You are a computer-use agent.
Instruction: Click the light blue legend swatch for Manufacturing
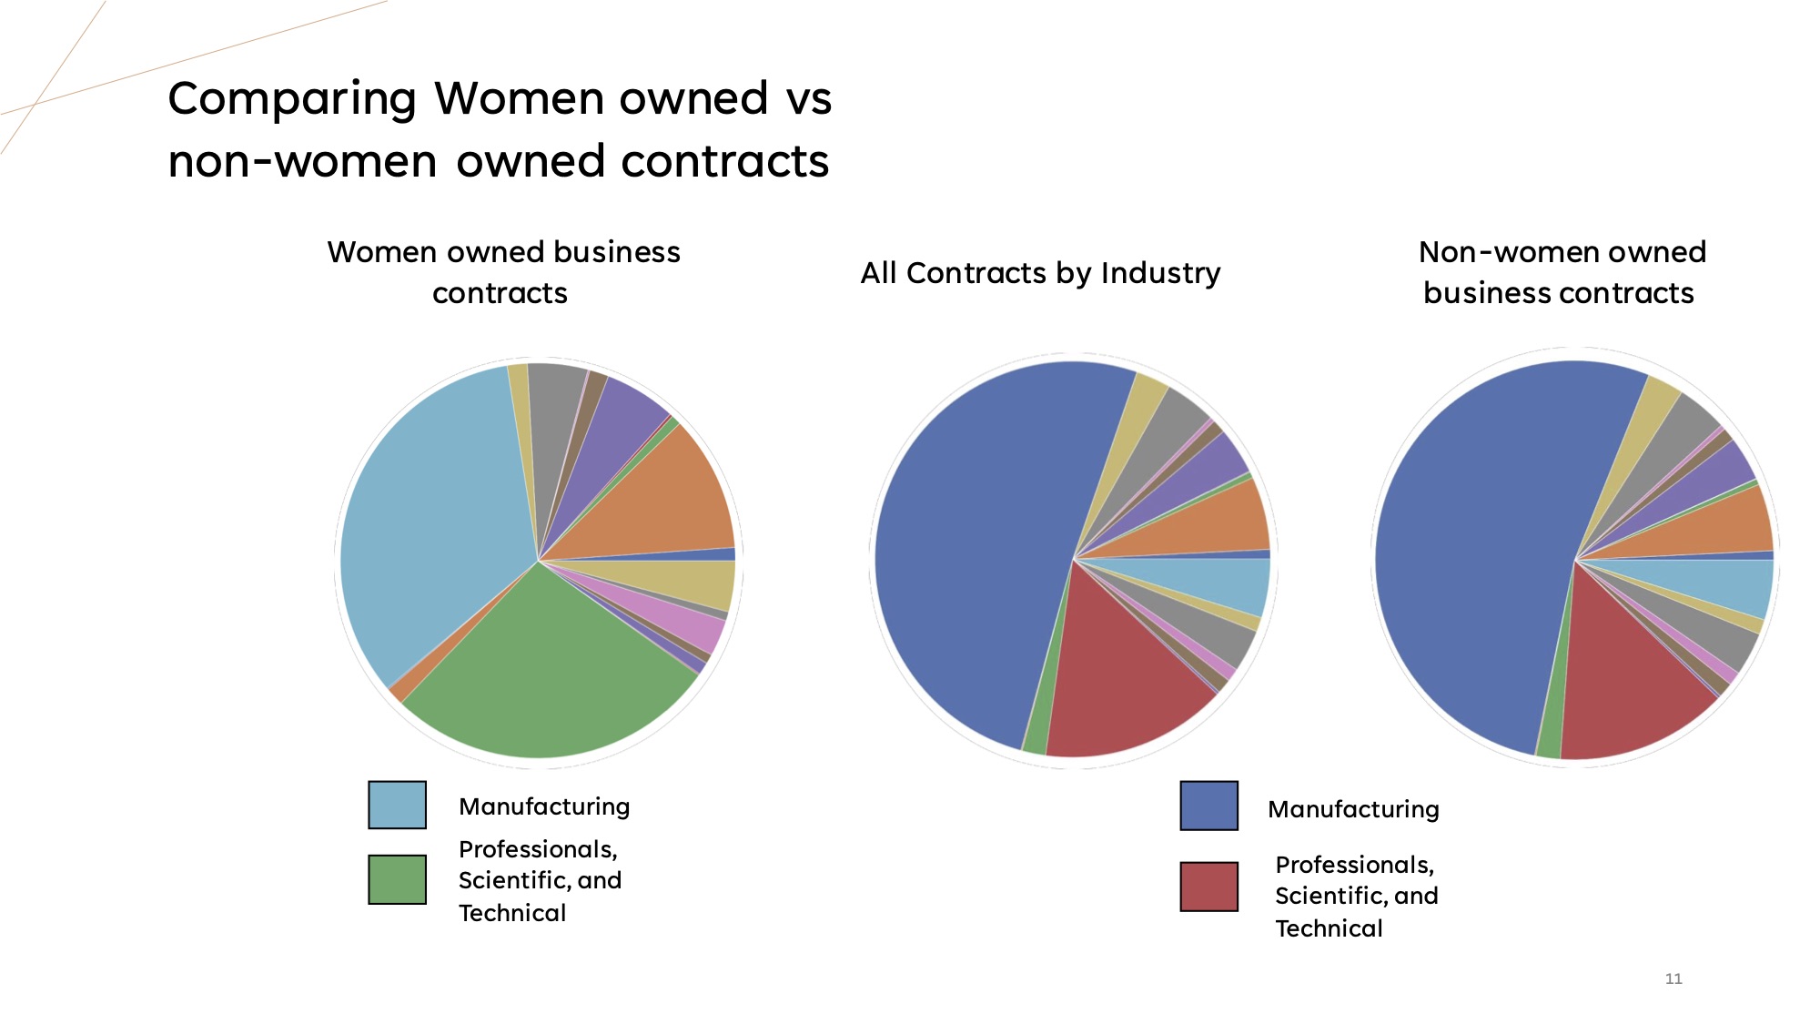click(397, 805)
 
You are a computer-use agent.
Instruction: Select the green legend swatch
click(397, 879)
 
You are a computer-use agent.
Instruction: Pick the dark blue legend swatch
click(1208, 806)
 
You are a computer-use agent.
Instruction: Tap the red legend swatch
click(1208, 887)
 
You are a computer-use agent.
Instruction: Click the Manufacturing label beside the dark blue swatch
click(1353, 809)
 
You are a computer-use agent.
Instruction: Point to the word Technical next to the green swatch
click(512, 913)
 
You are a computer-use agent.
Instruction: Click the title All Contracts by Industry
click(1040, 273)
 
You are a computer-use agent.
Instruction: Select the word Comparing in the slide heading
click(292, 99)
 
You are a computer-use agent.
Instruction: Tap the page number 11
click(1673, 978)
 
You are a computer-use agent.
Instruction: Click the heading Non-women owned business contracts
click(1561, 272)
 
